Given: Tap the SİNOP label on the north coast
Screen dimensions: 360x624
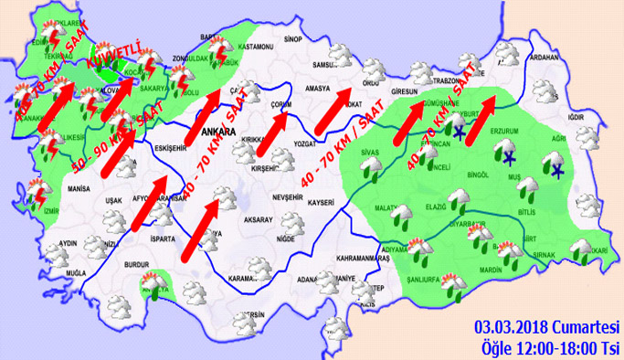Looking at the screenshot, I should pos(293,40).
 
